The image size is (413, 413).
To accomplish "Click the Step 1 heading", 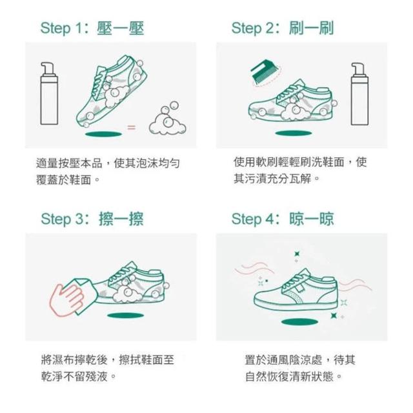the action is point(92,28).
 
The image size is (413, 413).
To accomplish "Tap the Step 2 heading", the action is point(283,28).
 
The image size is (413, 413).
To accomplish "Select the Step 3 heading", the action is point(92,219).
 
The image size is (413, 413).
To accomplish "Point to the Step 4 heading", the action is point(283,219).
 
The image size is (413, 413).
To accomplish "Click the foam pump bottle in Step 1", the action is point(49,94).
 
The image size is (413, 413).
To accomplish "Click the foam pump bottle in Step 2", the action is point(359,94).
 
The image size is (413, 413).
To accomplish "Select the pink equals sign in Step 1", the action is point(132,128).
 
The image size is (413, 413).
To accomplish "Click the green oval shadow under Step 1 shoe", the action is point(103,134).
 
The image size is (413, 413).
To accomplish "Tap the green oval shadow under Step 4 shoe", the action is point(299,321).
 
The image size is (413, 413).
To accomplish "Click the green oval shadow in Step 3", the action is point(126,316).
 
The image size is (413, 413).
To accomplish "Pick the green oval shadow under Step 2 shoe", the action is point(294,133).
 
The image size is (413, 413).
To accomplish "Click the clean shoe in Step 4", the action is point(296,290).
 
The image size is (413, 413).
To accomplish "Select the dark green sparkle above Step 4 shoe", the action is point(297,254).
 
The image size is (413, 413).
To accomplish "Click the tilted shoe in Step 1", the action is point(111,92).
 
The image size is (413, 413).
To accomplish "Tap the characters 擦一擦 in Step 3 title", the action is point(121,219).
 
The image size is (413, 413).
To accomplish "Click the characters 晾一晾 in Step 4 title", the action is point(312,219).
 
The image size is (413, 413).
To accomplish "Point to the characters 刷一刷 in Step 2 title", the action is point(311,28).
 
